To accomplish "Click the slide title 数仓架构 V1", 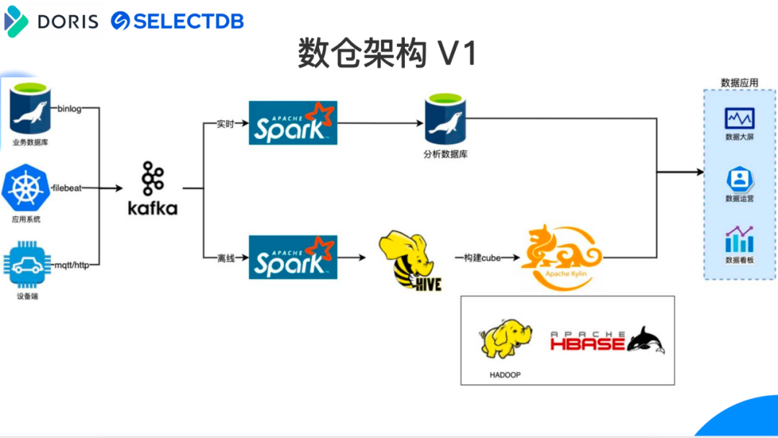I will click(x=388, y=53).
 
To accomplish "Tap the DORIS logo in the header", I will click(x=51, y=21).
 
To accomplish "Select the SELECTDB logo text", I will click(x=178, y=21).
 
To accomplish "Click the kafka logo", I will click(x=152, y=189).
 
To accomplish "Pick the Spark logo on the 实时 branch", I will click(x=293, y=122).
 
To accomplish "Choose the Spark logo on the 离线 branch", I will click(x=293, y=257).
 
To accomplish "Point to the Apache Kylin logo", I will click(x=562, y=257).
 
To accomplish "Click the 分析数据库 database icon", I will click(x=445, y=120).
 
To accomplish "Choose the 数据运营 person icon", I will click(x=739, y=178).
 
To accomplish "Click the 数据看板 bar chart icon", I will click(x=739, y=239).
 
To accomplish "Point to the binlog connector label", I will click(x=69, y=109).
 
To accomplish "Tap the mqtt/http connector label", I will click(x=73, y=265).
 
